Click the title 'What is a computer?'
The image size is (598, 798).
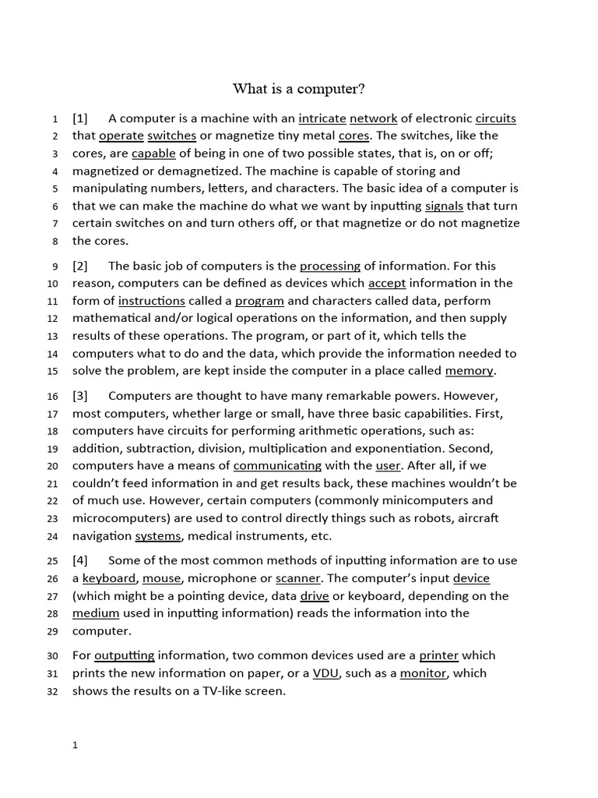299,88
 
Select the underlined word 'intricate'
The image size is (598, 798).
322,118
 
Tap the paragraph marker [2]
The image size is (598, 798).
80,266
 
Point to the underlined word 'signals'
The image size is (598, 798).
444,206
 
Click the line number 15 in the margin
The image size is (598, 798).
53,371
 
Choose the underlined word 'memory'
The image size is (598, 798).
469,370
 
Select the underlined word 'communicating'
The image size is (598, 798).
277,465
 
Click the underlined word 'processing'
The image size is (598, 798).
330,266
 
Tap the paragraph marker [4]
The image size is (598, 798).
80,560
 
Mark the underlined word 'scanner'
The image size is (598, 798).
299,578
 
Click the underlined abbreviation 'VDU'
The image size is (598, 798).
325,673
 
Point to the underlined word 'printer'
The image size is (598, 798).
438,655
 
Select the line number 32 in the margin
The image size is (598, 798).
53,691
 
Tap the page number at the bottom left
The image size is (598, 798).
76,746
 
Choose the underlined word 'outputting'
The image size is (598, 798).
125,655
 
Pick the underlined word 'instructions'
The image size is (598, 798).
152,301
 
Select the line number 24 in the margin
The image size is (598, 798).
53,536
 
